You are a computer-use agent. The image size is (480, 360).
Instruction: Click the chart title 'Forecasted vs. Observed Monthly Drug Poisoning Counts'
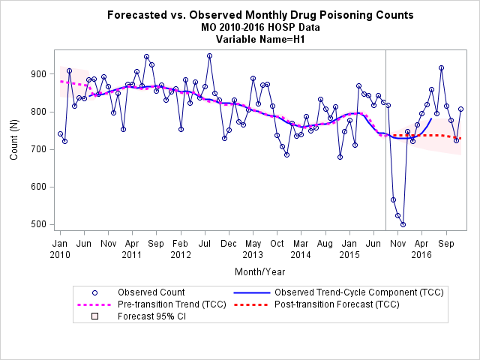(260, 15)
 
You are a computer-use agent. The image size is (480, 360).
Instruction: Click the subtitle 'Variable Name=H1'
(260, 40)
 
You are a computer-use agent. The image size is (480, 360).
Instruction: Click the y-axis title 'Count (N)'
(14, 140)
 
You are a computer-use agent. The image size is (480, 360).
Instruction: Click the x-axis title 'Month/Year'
(260, 271)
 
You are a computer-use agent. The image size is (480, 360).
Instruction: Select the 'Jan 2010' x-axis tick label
(60, 249)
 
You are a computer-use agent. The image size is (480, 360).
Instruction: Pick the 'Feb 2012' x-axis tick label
(181, 249)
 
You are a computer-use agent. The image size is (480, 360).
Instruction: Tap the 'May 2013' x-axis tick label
(253, 249)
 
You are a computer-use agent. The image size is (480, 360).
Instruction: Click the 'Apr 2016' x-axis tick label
(421, 249)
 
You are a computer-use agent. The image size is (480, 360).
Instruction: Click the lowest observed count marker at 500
(403, 224)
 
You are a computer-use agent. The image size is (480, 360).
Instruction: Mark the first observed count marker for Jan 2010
(60, 133)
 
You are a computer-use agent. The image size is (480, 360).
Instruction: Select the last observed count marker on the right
(460, 109)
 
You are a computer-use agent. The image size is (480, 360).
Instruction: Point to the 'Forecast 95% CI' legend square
(95, 316)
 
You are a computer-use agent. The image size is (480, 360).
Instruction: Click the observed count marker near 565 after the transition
(393, 200)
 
